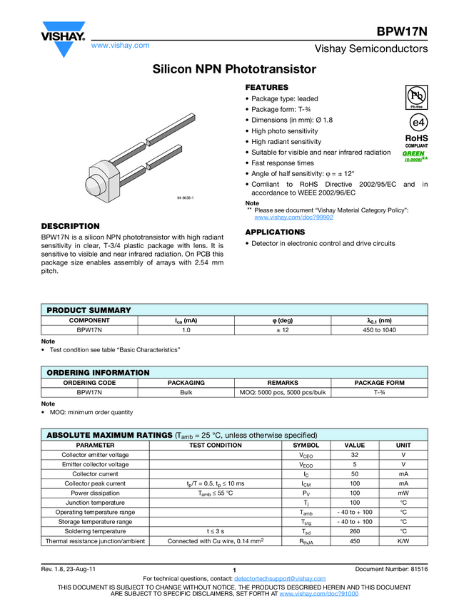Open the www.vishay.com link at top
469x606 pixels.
(x=120, y=45)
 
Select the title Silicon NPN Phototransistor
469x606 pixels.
(x=234, y=69)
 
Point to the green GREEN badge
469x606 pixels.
(x=413, y=155)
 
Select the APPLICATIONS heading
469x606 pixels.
(x=275, y=232)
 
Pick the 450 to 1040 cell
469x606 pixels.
(x=379, y=330)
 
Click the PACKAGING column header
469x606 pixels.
(x=186, y=383)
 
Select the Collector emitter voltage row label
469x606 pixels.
(x=95, y=455)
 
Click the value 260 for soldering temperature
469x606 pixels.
(x=355, y=531)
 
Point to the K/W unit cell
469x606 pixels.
(x=403, y=541)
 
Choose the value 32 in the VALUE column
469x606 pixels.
(x=355, y=455)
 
